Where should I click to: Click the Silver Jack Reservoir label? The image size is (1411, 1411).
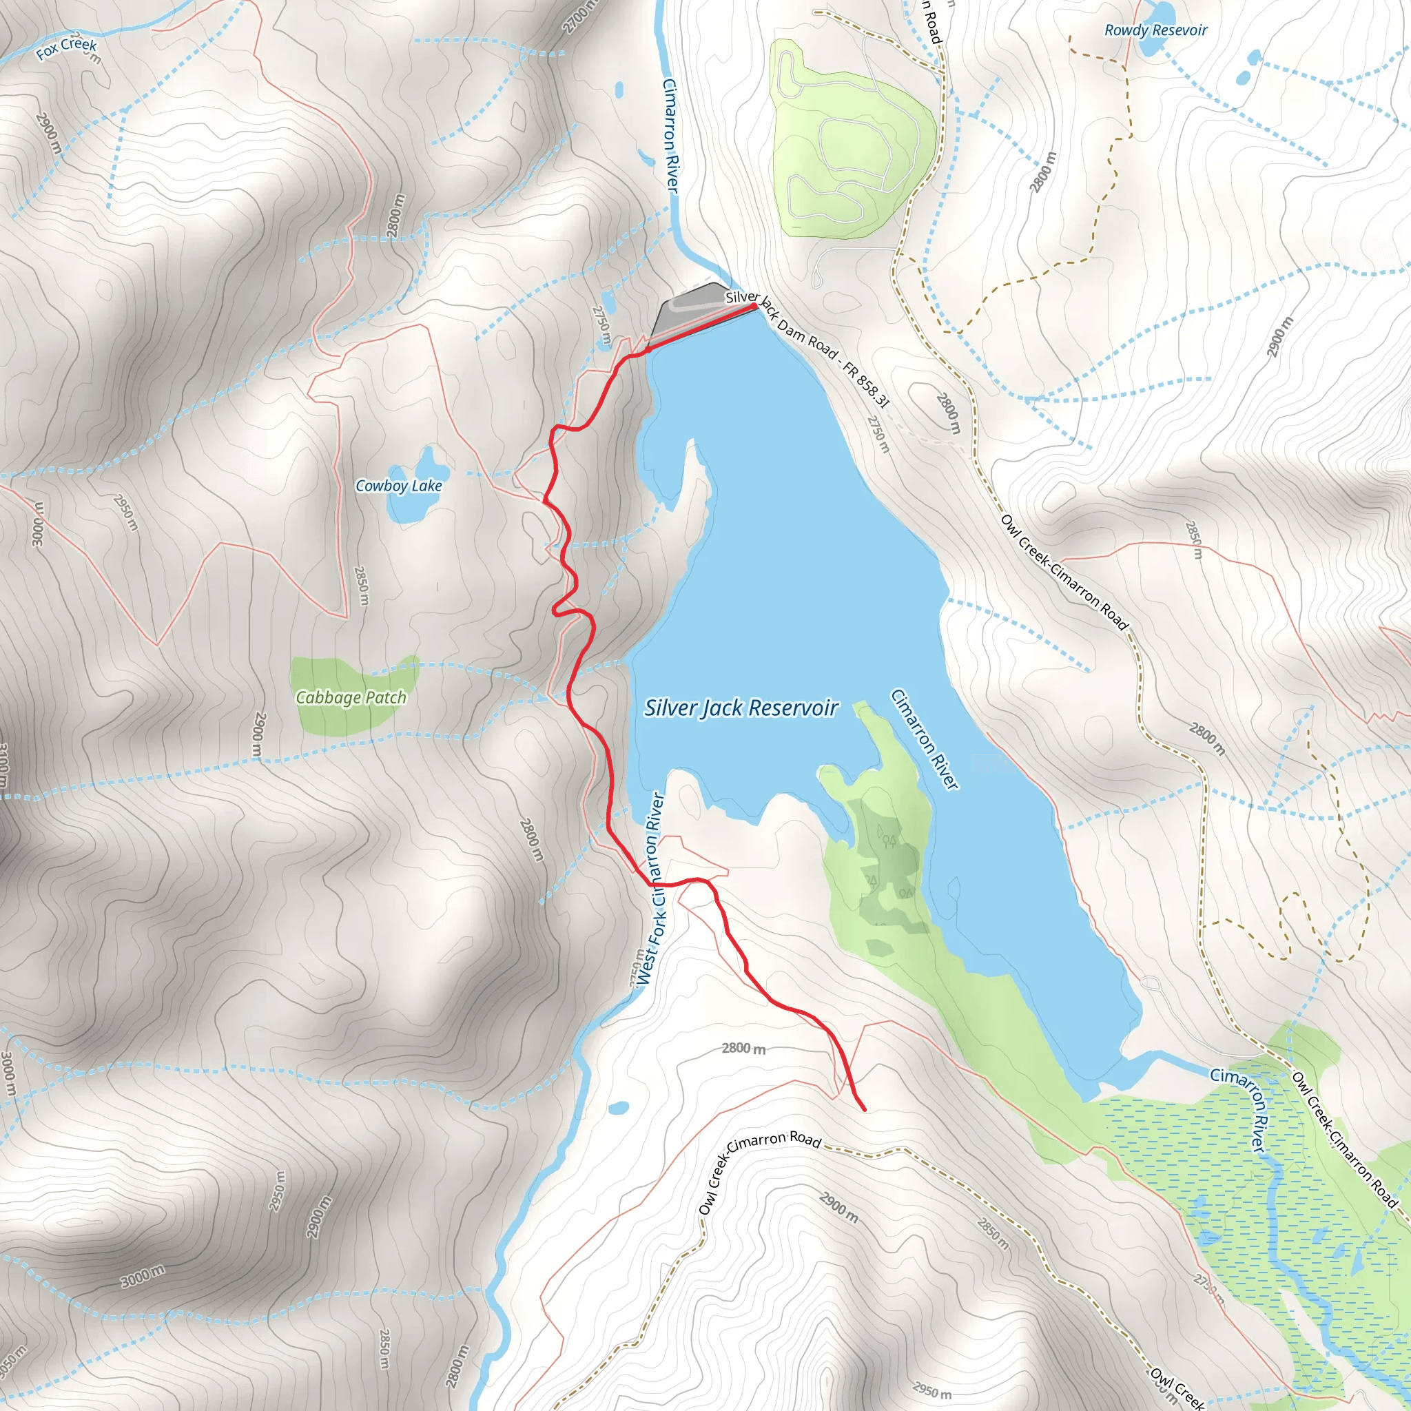741,708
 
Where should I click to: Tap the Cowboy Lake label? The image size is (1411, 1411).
399,486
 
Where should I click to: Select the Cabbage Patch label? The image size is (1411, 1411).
351,697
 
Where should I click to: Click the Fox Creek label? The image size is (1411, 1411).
66,48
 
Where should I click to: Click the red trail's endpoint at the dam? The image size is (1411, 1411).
754,307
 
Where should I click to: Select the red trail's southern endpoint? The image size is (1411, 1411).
865,1110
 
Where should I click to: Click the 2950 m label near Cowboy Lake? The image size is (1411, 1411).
125,512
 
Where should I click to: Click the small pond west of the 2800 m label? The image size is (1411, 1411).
618,1108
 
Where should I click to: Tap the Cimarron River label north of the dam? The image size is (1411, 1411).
670,136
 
